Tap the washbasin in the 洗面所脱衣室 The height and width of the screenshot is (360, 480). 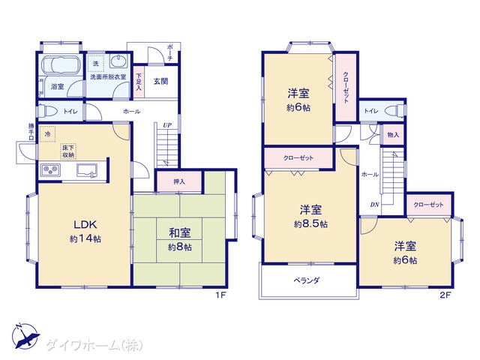tap(118, 61)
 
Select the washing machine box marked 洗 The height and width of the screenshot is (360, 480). tap(96, 63)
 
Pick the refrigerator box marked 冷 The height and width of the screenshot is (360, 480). tap(47, 134)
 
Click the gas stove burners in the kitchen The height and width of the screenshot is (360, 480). tap(51, 170)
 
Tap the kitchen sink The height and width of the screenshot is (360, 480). tap(87, 170)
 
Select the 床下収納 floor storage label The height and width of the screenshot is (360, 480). tap(68, 151)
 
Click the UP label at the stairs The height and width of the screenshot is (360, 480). tap(167, 125)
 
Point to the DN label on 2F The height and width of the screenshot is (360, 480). tap(375, 205)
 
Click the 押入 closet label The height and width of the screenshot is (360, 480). tap(179, 181)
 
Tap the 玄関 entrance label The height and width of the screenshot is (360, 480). tap(160, 81)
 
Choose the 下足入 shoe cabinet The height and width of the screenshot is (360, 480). tap(139, 82)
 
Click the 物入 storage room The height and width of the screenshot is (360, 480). tap(393, 134)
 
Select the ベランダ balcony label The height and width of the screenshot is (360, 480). tap(307, 280)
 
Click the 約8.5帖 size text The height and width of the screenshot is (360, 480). tap(310, 224)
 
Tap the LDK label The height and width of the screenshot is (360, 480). tap(85, 224)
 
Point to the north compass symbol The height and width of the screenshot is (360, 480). tap(25, 336)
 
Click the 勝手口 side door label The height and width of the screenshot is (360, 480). tap(31, 132)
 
